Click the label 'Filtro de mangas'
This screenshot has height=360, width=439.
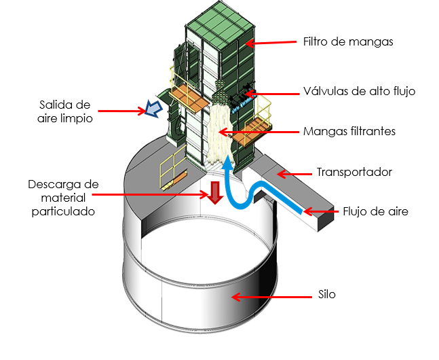point(348,42)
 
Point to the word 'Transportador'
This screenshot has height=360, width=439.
point(354,172)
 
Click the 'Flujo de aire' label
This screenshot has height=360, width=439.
point(375,211)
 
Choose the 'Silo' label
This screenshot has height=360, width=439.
point(327,295)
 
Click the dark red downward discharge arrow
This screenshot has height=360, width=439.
point(215,192)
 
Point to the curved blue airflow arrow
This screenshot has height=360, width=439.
point(251,190)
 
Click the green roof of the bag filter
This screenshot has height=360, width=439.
point(216,20)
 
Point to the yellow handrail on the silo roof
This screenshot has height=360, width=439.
point(168,160)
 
